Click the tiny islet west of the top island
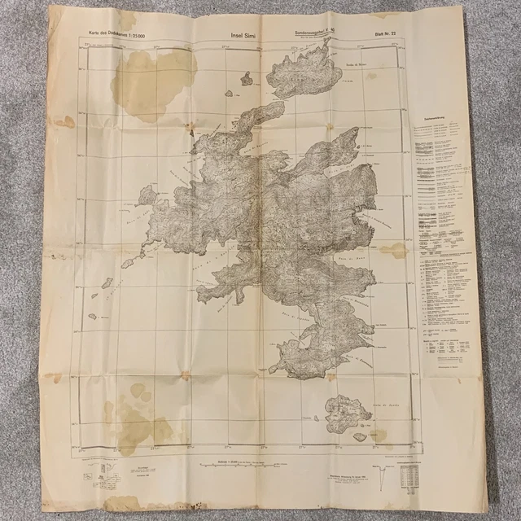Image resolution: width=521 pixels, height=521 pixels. (246, 79)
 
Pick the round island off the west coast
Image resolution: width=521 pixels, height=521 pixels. (147, 195)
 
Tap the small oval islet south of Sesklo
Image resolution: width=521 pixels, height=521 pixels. (359, 437)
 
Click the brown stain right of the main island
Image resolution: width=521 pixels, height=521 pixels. (394, 250)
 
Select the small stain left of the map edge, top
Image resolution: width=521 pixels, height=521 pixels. (64, 121)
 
